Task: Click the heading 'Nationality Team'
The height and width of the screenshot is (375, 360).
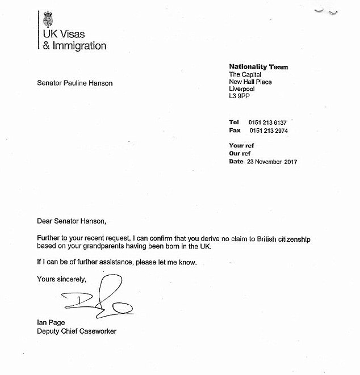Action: click(x=258, y=67)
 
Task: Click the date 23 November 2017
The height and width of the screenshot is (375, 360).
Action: click(x=271, y=162)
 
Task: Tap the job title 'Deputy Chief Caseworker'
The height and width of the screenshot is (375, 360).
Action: click(x=77, y=331)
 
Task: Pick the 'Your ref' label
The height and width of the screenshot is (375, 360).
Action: click(x=241, y=146)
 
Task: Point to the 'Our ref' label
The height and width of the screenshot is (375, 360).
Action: click(x=240, y=154)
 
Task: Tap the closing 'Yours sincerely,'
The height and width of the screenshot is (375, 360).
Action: click(x=62, y=279)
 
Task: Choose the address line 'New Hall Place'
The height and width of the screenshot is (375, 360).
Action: click(x=250, y=82)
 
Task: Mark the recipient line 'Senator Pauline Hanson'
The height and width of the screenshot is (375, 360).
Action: click(x=74, y=83)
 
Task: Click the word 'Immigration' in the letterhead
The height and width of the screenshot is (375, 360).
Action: click(x=79, y=45)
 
